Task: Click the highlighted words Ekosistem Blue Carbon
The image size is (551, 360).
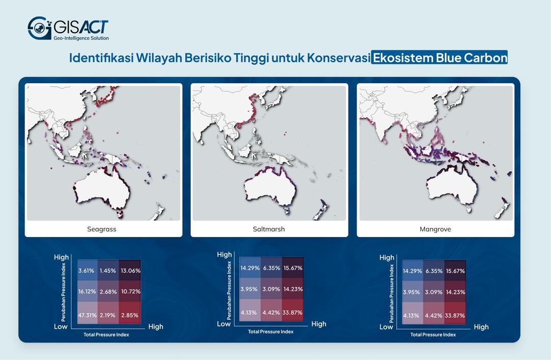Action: click(439, 58)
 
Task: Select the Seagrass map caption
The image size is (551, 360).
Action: click(102, 229)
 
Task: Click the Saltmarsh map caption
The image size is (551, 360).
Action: click(268, 229)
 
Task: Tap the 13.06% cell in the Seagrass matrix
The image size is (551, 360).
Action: click(130, 271)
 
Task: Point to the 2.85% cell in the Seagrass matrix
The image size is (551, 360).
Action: click(130, 315)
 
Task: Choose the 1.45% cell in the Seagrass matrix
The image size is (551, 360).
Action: click(108, 271)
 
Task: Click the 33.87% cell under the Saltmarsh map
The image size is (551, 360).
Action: click(292, 313)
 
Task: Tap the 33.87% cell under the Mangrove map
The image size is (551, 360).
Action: click(455, 316)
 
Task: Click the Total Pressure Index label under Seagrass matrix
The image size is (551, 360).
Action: click(106, 335)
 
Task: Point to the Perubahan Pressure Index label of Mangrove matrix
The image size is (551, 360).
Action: click(391, 293)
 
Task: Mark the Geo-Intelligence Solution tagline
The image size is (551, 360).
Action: click(81, 38)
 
